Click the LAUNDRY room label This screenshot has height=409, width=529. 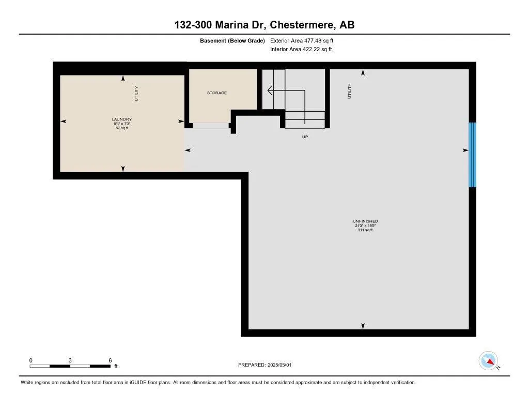[x=122, y=119]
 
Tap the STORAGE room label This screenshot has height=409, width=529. [x=217, y=93]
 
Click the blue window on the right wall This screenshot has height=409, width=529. [x=472, y=155]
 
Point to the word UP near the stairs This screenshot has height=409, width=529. [x=305, y=138]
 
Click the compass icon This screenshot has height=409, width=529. [x=488, y=360]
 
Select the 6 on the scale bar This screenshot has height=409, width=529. [x=110, y=360]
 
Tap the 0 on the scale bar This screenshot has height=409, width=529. [x=31, y=360]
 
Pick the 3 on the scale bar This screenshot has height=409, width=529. [x=70, y=360]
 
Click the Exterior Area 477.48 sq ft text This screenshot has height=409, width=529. [x=305, y=40]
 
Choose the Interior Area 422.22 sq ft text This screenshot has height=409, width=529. [x=301, y=50]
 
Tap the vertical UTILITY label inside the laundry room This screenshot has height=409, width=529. [x=136, y=93]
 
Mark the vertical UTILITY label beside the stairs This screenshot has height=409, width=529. [x=350, y=91]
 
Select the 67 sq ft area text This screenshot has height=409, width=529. [x=122, y=128]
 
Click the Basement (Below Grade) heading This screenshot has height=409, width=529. [x=232, y=40]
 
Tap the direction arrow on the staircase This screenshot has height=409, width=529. [x=270, y=90]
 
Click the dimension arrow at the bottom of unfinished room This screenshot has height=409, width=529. [x=363, y=326]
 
